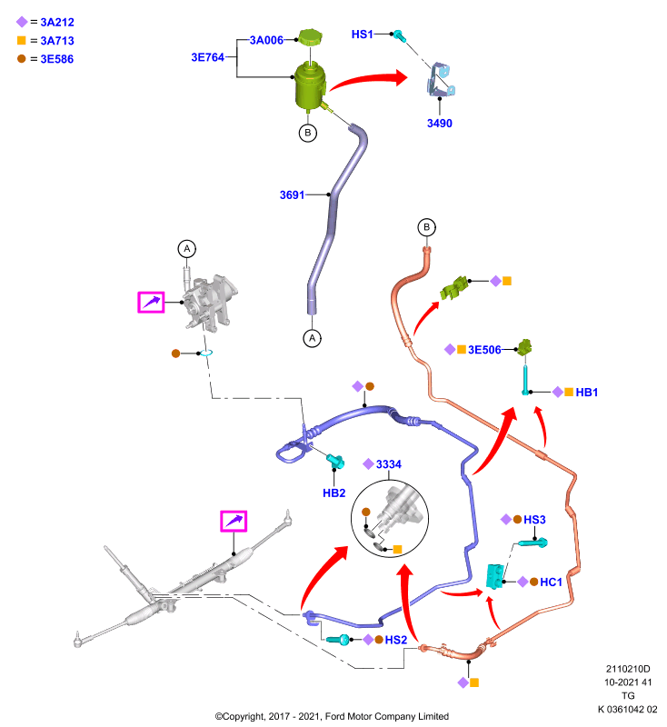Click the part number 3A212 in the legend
point(57,22)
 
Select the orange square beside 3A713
point(21,40)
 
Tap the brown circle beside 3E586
point(21,58)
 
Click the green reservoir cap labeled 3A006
point(311,37)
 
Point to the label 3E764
point(208,57)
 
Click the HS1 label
point(362,35)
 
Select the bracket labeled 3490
point(441,80)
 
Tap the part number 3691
point(292,194)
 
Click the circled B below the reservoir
point(308,133)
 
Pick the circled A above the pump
point(187,249)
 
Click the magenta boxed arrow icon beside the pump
point(151,303)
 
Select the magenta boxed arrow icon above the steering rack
point(234,521)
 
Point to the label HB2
point(334,493)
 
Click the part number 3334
point(388,464)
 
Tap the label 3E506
point(484,350)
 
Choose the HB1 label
point(587,393)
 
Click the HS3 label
point(534,520)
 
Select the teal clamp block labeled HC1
point(494,576)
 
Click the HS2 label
point(396,640)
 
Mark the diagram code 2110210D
point(628,669)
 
